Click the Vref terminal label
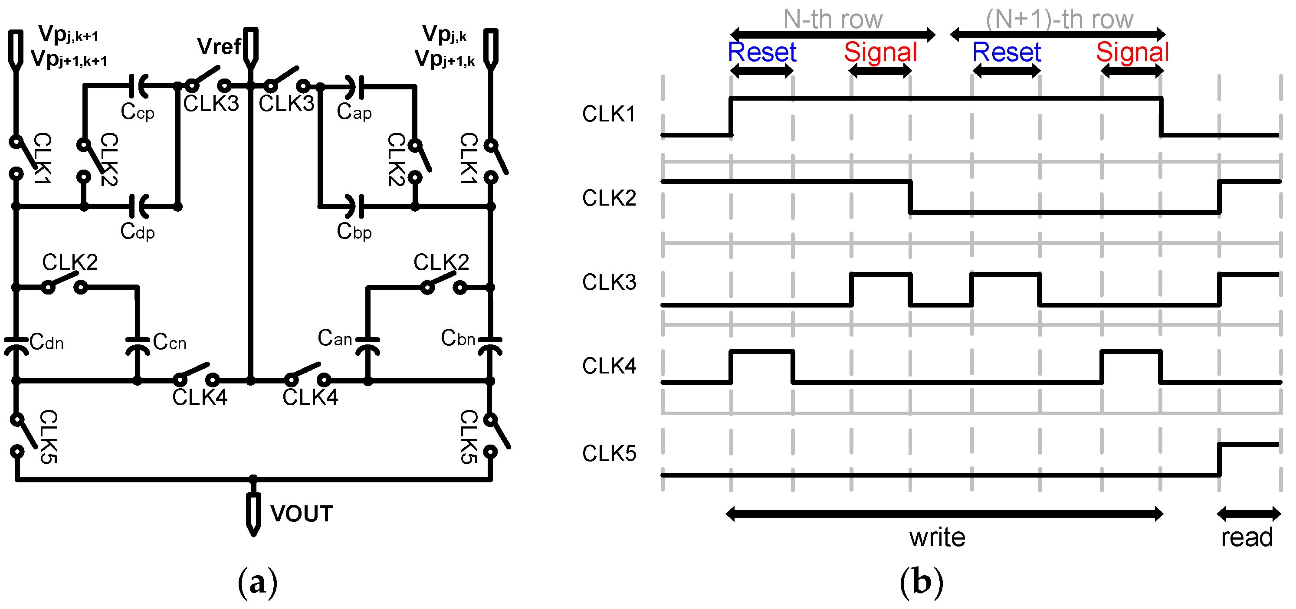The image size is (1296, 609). pos(218,47)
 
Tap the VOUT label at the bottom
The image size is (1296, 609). pos(302,514)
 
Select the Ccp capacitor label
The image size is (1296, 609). pos(138,111)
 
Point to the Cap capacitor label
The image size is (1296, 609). pos(354,111)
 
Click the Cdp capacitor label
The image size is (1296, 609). pos(138,232)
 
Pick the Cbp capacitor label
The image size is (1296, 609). pos(354,232)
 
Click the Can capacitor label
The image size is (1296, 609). pos(335,338)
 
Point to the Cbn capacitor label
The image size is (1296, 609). pos(458,338)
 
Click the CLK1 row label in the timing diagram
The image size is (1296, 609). pos(609,114)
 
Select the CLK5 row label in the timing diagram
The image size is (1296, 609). pos(609,454)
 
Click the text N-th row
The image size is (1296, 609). pos(833,20)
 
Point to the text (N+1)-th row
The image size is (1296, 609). pos(1059,20)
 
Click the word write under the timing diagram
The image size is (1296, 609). pos(937,537)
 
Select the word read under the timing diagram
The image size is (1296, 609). pos(1247,537)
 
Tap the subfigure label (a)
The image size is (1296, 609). pos(257,583)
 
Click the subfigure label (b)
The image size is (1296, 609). pos(921,583)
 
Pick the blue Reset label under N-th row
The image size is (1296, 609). pos(762,52)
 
